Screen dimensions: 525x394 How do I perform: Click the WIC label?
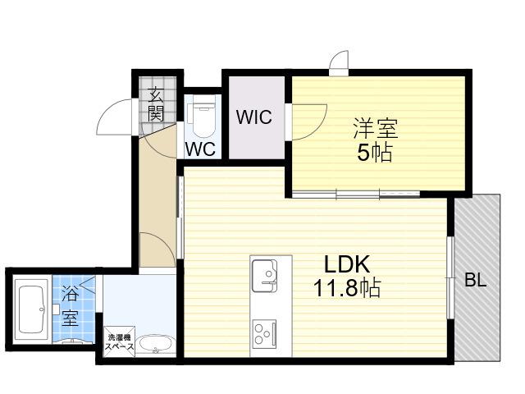tap(253, 117)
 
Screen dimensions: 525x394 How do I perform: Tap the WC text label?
tap(200, 149)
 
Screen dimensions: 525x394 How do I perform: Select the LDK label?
tap(347, 264)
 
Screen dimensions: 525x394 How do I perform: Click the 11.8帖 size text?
tap(347, 288)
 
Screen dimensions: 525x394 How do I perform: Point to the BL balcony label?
tap(476, 281)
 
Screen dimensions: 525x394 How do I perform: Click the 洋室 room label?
tap(376, 128)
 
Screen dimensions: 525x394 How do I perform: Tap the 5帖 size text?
tap(374, 153)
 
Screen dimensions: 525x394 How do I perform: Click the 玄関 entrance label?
tap(156, 104)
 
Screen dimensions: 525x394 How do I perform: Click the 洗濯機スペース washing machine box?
tap(120, 341)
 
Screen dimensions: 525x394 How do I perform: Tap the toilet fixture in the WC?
tap(201, 118)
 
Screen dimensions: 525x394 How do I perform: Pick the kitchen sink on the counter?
tap(264, 276)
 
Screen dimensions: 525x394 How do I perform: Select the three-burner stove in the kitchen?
tap(264, 334)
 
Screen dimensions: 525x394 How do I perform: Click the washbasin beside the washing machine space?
tap(155, 345)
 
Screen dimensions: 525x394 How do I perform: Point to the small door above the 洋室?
tap(339, 63)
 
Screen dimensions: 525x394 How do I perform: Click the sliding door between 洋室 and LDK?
tap(355, 194)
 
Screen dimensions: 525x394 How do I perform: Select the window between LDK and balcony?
tap(450, 278)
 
